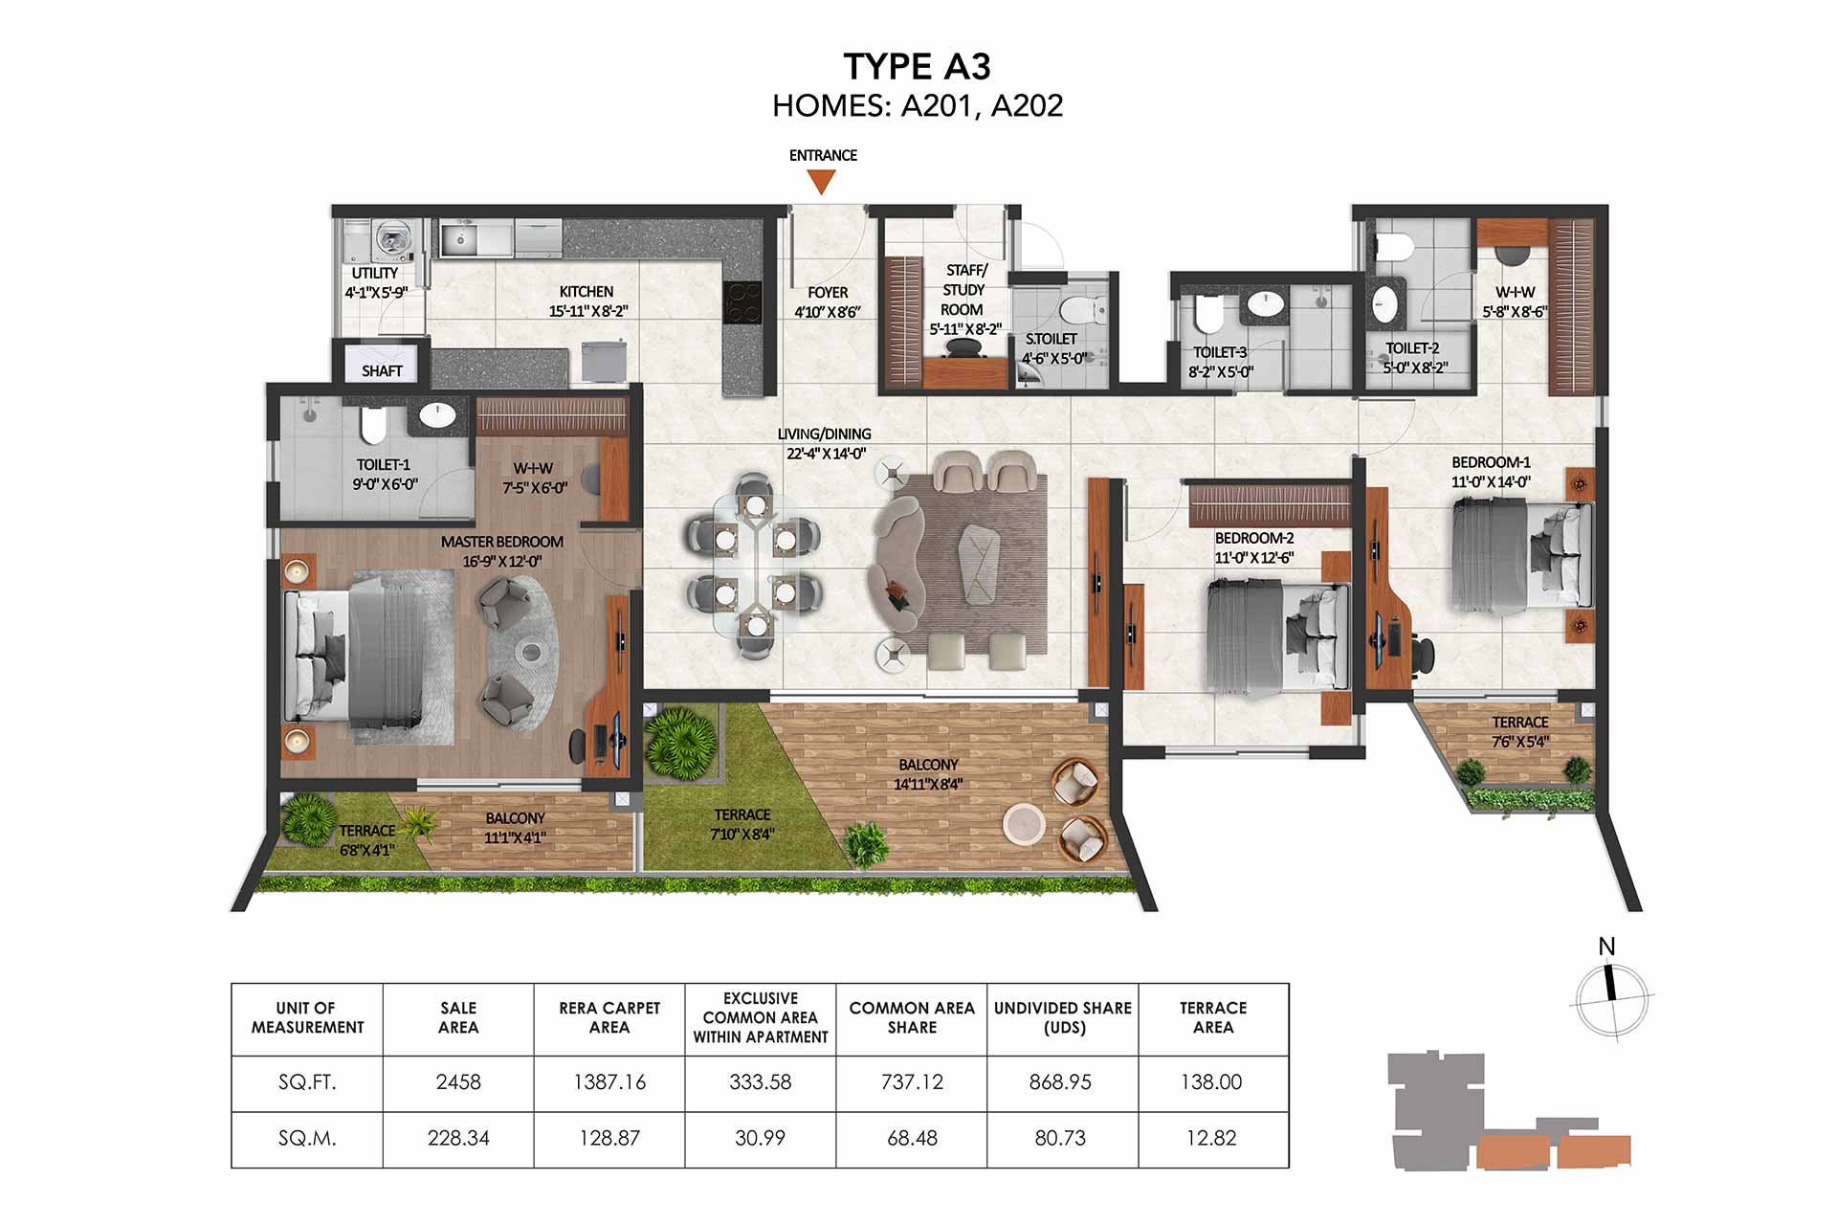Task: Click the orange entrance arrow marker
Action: coord(821,182)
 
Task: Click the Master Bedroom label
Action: coord(502,542)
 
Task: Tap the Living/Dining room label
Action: coord(824,434)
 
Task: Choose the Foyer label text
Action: coord(828,293)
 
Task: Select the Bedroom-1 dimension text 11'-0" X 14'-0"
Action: coord(1491,482)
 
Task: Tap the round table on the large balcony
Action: coord(1024,824)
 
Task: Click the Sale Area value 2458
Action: coord(458,1082)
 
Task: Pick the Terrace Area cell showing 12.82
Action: coord(1211,1138)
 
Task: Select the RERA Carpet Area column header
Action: coord(609,1017)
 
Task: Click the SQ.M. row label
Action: coord(307,1138)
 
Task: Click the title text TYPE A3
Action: coord(917,66)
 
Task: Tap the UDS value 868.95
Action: coord(1060,1082)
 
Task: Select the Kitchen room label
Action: coord(587,292)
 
